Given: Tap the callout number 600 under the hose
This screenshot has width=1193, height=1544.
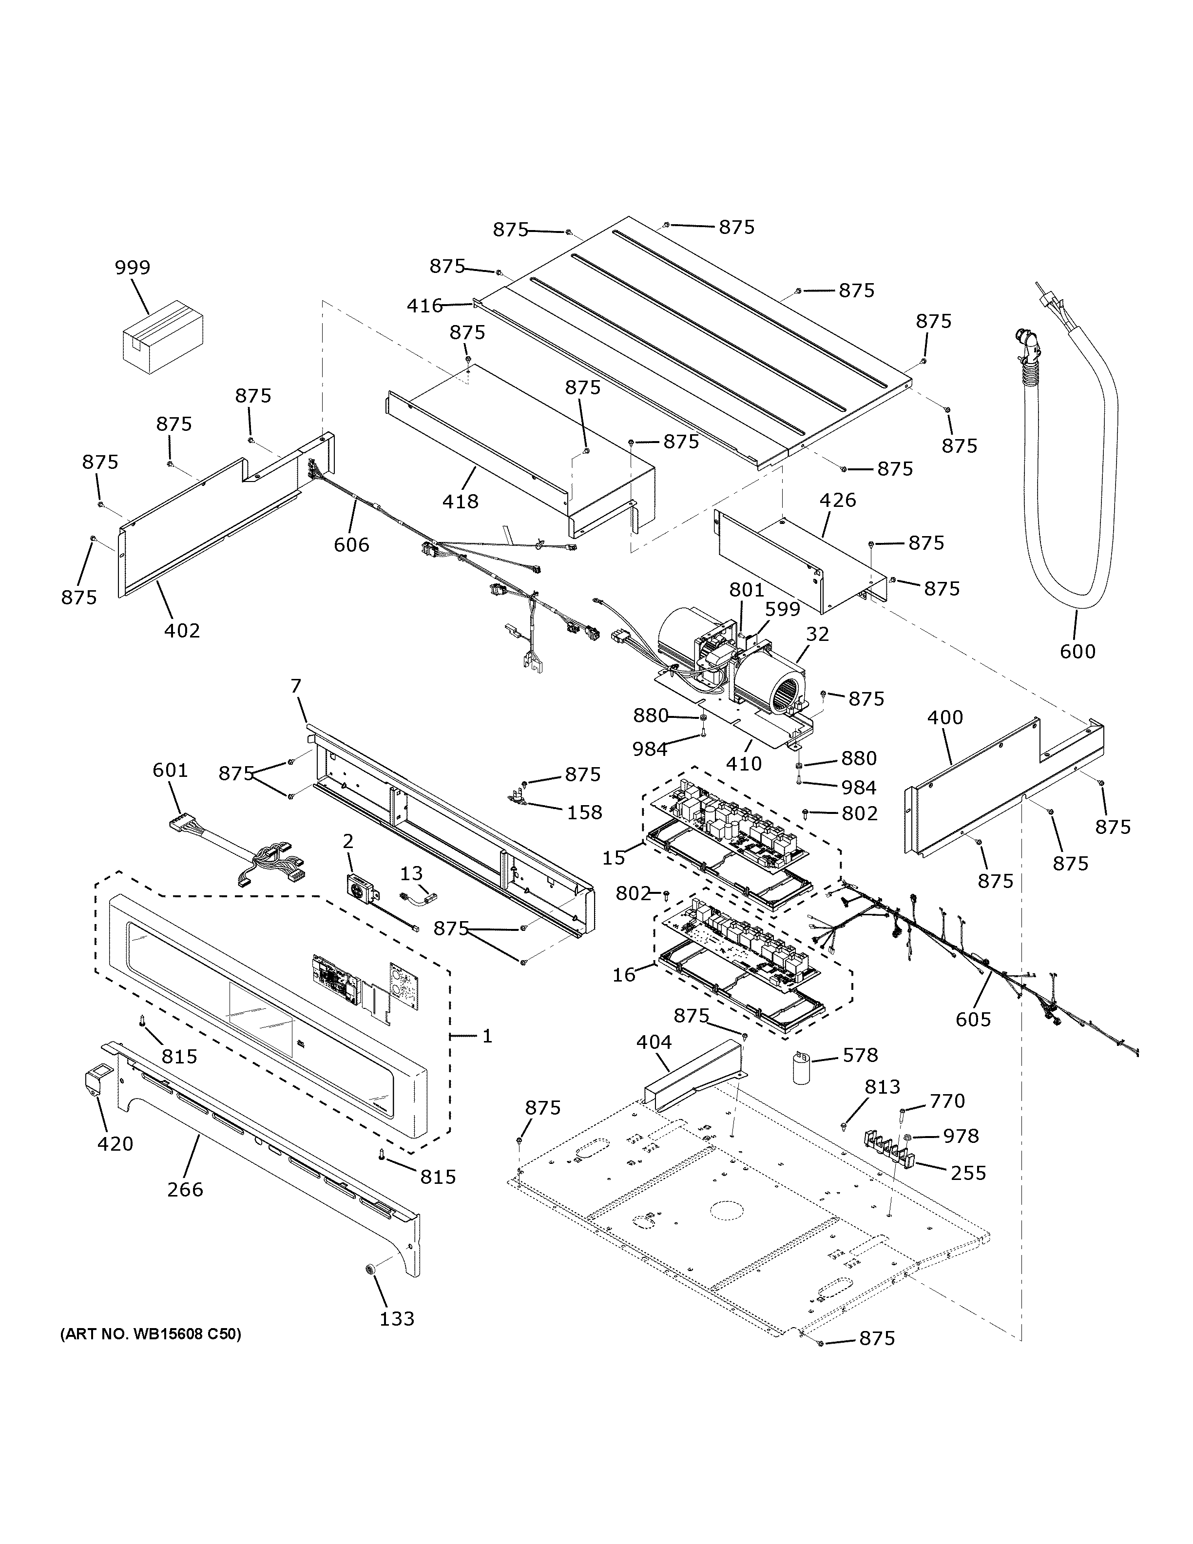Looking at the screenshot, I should click(x=1077, y=651).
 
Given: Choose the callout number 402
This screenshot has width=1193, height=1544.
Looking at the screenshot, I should click(x=182, y=630).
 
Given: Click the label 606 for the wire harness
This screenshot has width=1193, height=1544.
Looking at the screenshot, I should click(x=351, y=544).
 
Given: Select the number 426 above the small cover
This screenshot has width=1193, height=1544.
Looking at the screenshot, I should click(x=838, y=500).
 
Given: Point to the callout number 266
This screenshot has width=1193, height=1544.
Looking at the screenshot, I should click(x=185, y=1189).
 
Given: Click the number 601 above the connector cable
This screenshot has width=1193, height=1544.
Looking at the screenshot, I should click(x=171, y=770).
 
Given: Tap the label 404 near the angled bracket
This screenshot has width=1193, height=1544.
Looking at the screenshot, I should click(x=654, y=1042).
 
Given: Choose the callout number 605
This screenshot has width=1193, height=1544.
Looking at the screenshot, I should click(x=973, y=1019).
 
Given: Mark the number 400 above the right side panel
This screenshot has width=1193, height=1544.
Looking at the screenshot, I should click(x=944, y=717).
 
